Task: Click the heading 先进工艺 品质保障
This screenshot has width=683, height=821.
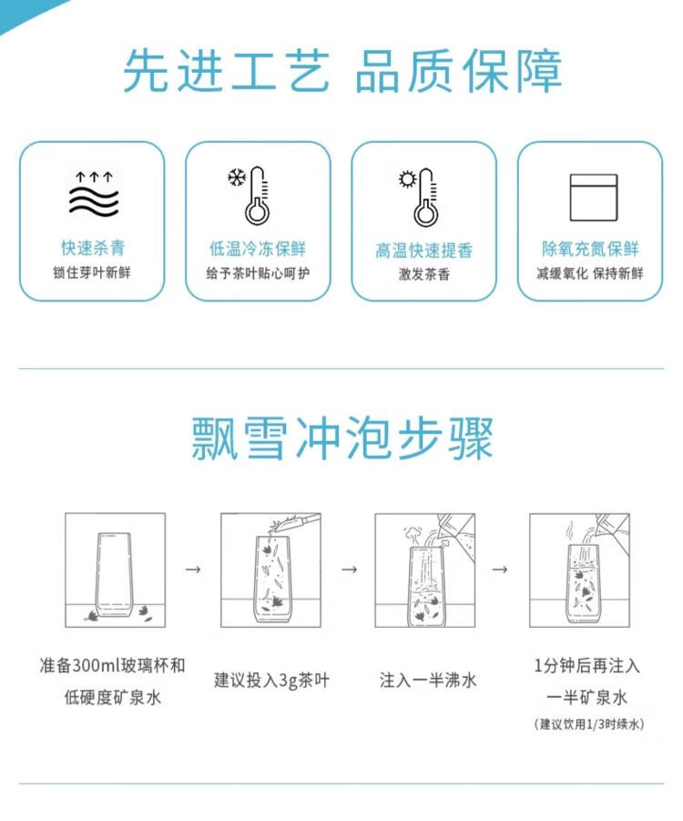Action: click(342, 71)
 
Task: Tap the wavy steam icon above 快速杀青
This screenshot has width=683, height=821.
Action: click(94, 193)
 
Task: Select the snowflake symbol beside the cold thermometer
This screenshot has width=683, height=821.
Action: click(237, 178)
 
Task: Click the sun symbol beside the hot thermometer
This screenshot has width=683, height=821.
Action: click(407, 180)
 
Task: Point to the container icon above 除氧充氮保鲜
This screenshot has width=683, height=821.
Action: click(594, 198)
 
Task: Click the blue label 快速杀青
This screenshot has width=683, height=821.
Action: click(93, 248)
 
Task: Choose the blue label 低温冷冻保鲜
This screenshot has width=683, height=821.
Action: click(258, 248)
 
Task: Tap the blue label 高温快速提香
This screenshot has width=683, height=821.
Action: click(424, 251)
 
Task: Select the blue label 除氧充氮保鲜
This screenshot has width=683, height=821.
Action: click(590, 249)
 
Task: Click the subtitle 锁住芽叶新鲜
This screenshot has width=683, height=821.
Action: click(92, 272)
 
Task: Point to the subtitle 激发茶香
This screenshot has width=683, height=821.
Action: click(424, 274)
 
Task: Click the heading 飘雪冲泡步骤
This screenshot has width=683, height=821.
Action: click(342, 438)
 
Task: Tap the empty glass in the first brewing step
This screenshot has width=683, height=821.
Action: click(113, 574)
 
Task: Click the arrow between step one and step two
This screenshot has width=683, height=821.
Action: click(193, 570)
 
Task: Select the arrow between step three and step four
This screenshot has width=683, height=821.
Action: click(500, 570)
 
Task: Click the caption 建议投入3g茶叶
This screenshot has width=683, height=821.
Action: click(271, 680)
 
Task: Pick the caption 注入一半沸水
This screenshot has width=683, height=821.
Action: click(428, 680)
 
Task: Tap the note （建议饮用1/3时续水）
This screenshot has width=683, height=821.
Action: click(589, 724)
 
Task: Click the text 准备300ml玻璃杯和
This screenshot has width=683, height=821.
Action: click(113, 665)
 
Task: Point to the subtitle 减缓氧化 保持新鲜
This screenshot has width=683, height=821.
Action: click(590, 272)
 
